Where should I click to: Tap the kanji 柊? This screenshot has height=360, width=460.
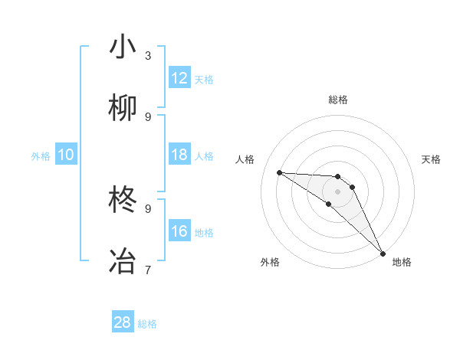pyautogui.click(x=123, y=200)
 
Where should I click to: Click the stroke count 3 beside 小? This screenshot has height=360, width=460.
pyautogui.click(x=148, y=55)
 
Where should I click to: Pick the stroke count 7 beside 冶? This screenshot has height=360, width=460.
pyautogui.click(x=148, y=270)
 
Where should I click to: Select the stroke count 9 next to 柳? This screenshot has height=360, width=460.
pyautogui.click(x=148, y=116)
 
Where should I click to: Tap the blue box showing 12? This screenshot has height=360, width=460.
pyautogui.click(x=179, y=78)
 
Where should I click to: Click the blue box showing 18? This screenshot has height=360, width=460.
pyautogui.click(x=179, y=155)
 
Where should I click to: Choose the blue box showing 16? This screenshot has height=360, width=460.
pyautogui.click(x=179, y=231)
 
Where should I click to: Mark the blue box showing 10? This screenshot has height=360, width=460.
pyautogui.click(x=66, y=155)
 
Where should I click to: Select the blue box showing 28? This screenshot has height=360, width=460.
pyautogui.click(x=123, y=322)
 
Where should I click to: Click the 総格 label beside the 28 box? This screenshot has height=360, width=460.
pyautogui.click(x=147, y=324)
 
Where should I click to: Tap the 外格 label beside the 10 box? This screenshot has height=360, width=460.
pyautogui.click(x=41, y=156)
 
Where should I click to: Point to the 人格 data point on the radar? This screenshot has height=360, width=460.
pyautogui.click(x=279, y=172)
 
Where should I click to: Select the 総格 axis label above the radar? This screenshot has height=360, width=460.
pyautogui.click(x=338, y=100)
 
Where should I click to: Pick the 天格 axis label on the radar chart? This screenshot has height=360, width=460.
pyautogui.click(x=432, y=159)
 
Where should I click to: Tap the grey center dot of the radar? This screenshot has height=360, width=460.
pyautogui.click(x=338, y=191)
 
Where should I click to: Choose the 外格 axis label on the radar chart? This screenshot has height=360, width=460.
pyautogui.click(x=270, y=262)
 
